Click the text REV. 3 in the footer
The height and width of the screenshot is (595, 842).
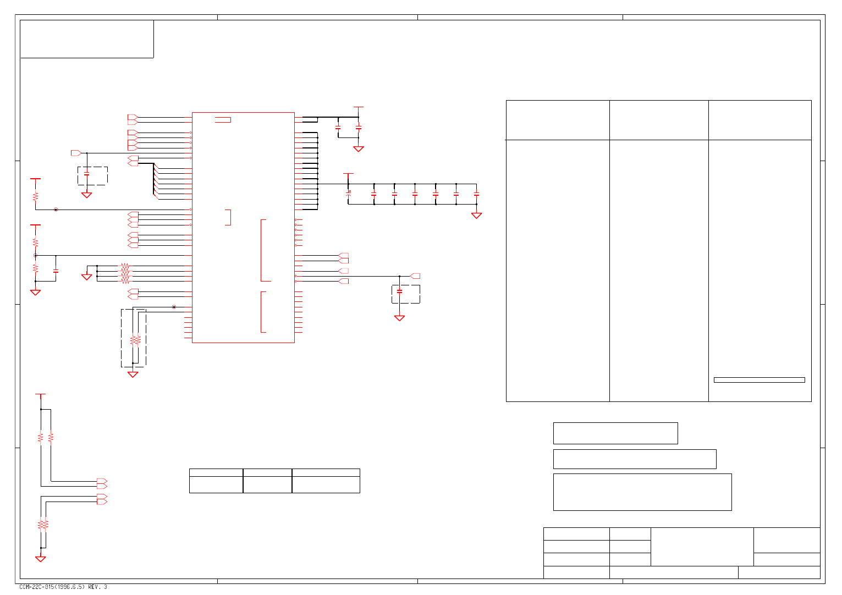pos(97,587)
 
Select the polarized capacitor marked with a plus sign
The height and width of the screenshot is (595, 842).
pos(348,194)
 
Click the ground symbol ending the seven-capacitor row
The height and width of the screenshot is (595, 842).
pos(476,216)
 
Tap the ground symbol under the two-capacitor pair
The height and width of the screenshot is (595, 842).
pos(359,148)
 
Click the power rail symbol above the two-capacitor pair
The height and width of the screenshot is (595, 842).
pos(359,108)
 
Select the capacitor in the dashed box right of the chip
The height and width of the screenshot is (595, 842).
pos(400,291)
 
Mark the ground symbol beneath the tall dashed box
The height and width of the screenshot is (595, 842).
pos(133,374)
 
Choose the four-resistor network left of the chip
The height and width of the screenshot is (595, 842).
pos(125,273)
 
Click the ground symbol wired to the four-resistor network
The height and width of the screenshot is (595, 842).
pos(86,277)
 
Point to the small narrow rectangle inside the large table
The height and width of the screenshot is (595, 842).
pos(759,380)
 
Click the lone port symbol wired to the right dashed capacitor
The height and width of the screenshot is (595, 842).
pos(416,276)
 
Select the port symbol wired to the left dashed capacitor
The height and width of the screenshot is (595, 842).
pos(76,153)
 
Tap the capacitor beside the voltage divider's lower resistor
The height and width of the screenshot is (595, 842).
pos(56,271)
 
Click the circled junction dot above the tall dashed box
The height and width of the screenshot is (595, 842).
pos(174,307)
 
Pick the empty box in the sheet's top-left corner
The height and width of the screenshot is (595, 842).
pos(87,38)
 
